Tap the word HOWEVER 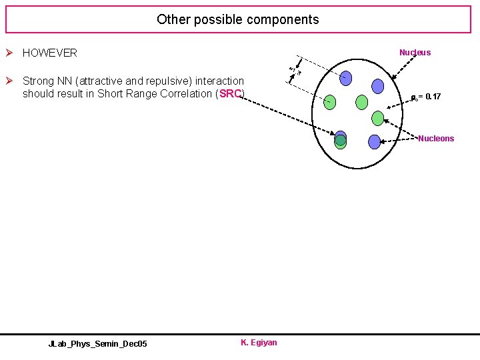point(49,53)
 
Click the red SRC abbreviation point(230,93)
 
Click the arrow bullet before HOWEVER point(11,53)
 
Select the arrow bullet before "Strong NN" point(11,81)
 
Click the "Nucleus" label point(415,53)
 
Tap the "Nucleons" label point(436,139)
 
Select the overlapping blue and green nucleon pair point(341,139)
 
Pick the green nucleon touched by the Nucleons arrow point(378,119)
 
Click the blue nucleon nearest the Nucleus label point(378,86)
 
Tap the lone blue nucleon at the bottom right point(374,141)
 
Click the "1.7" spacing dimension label point(294,70)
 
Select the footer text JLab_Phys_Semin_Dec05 point(98,343)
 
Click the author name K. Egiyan point(259,343)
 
